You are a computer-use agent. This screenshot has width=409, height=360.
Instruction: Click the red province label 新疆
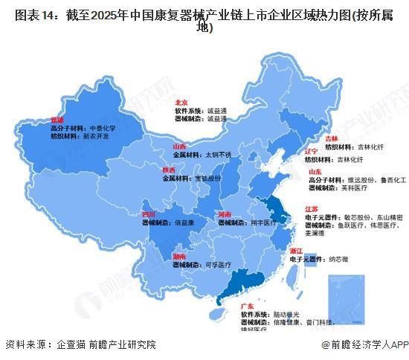pos(57,119)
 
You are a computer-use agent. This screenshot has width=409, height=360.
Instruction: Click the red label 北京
pos(180,101)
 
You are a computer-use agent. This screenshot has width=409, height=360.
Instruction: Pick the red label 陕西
pos(170,170)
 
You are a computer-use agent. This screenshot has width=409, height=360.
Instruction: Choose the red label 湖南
pos(181,256)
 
